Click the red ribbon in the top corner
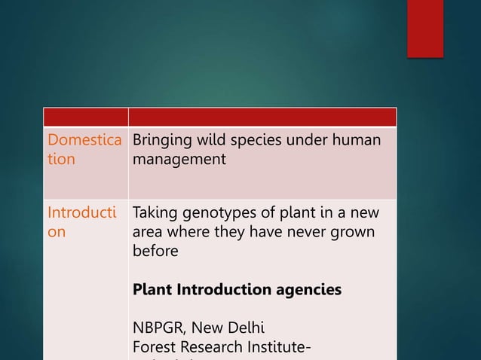pyautogui.click(x=425, y=27)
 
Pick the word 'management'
pyautogui.click(x=179, y=159)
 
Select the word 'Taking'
pyautogui.click(x=156, y=214)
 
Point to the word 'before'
pyautogui.click(x=155, y=251)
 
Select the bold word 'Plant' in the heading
pyautogui.click(x=152, y=289)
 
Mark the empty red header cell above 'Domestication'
pyautogui.click(x=85, y=117)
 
